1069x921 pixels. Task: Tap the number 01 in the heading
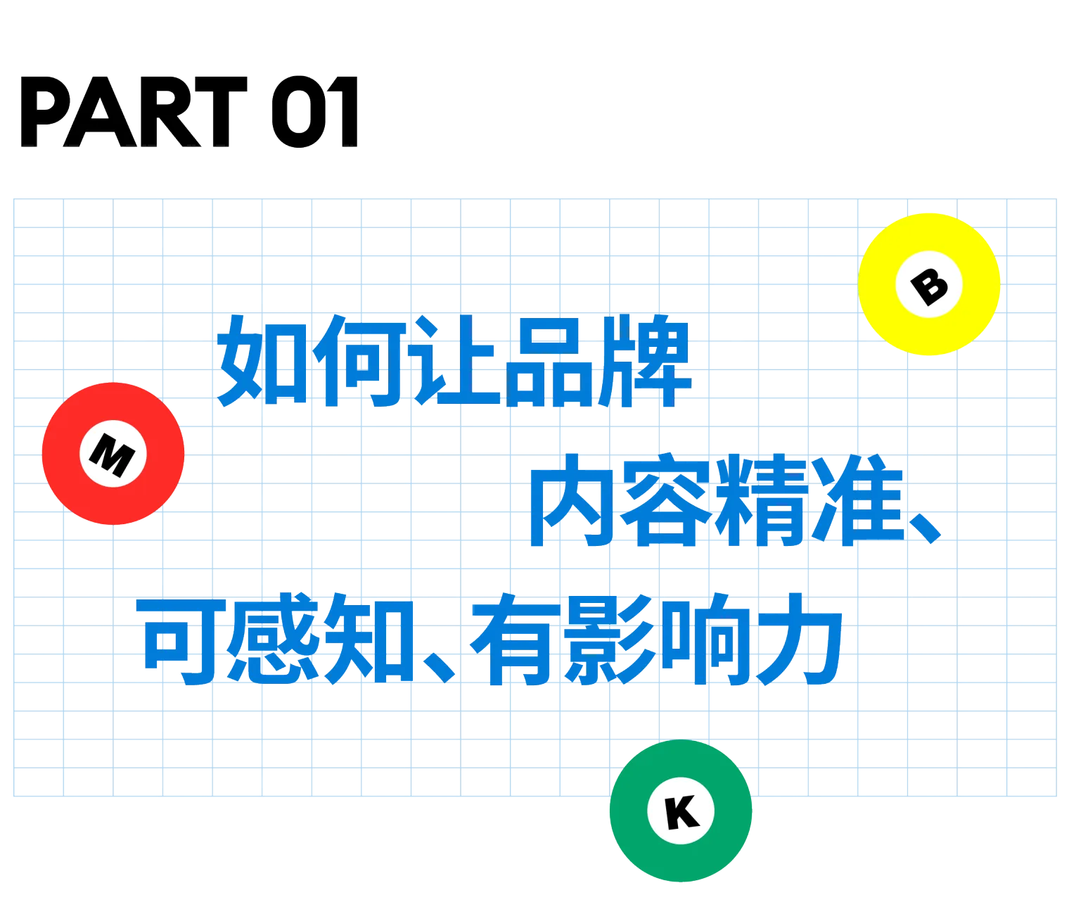tap(314, 113)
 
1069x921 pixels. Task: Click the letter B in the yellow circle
tap(929, 285)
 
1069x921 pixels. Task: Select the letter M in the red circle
tap(113, 454)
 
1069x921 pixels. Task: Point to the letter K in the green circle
tap(681, 812)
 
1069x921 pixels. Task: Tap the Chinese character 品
tap(549, 361)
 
